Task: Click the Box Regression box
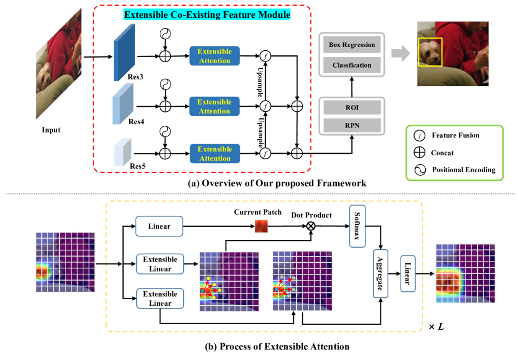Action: pos(352,44)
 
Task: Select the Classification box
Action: pos(352,65)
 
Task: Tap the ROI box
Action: pos(352,106)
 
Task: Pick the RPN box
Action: pos(352,126)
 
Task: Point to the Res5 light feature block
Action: pos(122,151)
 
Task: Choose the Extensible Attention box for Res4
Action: pos(214,106)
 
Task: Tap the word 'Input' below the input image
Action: pos(51,130)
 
